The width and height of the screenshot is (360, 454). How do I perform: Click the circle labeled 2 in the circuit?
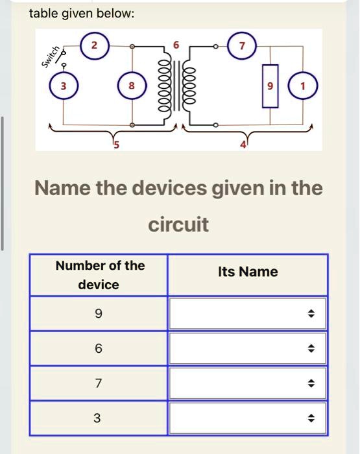(x=95, y=46)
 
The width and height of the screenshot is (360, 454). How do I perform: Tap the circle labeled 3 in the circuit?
(x=62, y=86)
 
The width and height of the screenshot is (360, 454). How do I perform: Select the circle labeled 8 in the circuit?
(x=132, y=86)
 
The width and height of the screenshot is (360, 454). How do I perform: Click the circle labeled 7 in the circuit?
(x=242, y=46)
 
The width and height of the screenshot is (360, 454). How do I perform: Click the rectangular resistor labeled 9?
(x=270, y=86)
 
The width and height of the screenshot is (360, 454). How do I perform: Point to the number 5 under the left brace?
(x=117, y=145)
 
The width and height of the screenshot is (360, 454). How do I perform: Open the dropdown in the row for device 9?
(x=247, y=314)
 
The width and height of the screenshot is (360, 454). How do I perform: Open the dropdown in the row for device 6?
(x=247, y=348)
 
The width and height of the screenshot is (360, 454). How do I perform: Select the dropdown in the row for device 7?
(x=247, y=383)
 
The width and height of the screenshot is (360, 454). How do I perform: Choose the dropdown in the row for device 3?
(x=247, y=418)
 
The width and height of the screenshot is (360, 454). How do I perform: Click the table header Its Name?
(x=248, y=272)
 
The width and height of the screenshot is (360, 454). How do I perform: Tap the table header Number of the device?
(x=99, y=275)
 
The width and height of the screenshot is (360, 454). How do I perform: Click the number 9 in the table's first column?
(x=98, y=314)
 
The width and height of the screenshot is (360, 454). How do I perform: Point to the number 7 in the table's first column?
(x=98, y=383)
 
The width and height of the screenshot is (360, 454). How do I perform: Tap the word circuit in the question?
(x=179, y=225)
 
